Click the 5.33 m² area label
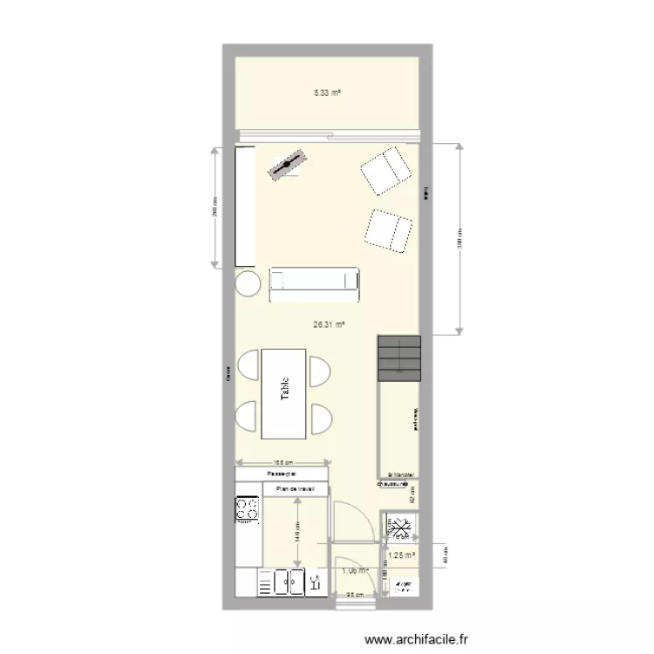pyautogui.click(x=327, y=92)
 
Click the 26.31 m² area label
pyautogui.click(x=329, y=324)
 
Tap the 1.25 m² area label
pyautogui.click(x=401, y=555)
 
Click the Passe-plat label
pyautogui.click(x=283, y=474)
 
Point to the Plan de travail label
pyautogui.click(x=296, y=489)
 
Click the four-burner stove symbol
pyautogui.click(x=247, y=508)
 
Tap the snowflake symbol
pyautogui.click(x=402, y=529)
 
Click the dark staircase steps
pyautogui.click(x=399, y=357)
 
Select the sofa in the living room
pyautogui.click(x=314, y=284)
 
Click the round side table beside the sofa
pyautogui.click(x=248, y=283)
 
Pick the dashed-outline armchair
pyautogui.click(x=388, y=231)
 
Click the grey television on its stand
pyautogui.click(x=288, y=165)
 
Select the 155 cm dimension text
pyautogui.click(x=281, y=463)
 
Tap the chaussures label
pyautogui.click(x=393, y=483)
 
